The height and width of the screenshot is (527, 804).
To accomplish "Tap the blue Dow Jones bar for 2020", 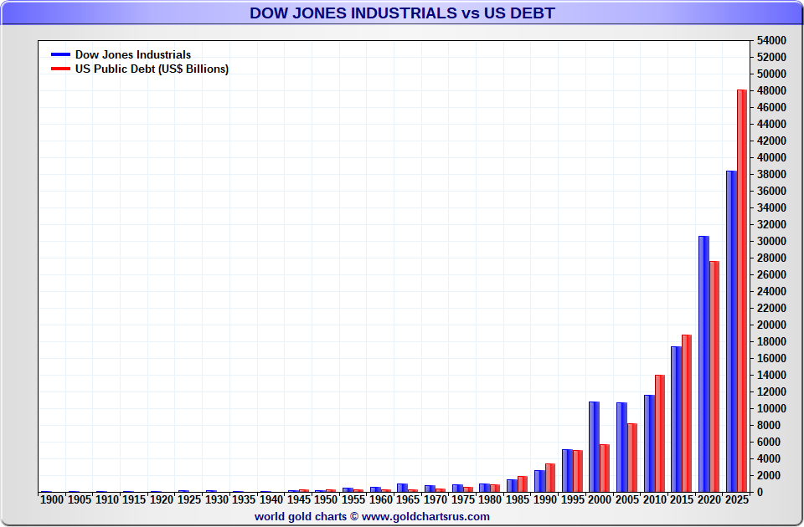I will (x=703, y=364).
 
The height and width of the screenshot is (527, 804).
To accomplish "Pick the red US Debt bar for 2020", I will (x=714, y=376).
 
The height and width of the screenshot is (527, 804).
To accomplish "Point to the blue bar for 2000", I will (x=594, y=447).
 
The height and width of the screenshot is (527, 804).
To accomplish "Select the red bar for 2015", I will (x=687, y=413).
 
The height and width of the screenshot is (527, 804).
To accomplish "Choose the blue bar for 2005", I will (x=621, y=448).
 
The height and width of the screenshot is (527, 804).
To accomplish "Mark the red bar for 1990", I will (x=550, y=478).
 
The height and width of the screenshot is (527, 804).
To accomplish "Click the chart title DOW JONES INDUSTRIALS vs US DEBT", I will (x=402, y=13).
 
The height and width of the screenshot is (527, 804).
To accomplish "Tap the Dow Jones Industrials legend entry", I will (x=132, y=55).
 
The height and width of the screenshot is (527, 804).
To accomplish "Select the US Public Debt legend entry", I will (x=151, y=69).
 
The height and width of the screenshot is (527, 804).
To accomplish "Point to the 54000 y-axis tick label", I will (x=770, y=40).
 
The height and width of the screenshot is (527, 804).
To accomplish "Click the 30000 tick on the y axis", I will (x=770, y=241).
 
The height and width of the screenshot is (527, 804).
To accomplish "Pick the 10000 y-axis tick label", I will (x=770, y=408).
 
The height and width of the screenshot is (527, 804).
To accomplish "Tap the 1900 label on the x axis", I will (x=52, y=499).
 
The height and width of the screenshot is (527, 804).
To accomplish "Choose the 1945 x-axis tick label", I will (x=299, y=499).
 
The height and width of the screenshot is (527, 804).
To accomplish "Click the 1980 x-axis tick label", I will (x=491, y=499).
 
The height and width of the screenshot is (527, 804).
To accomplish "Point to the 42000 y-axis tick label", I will (x=770, y=141).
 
